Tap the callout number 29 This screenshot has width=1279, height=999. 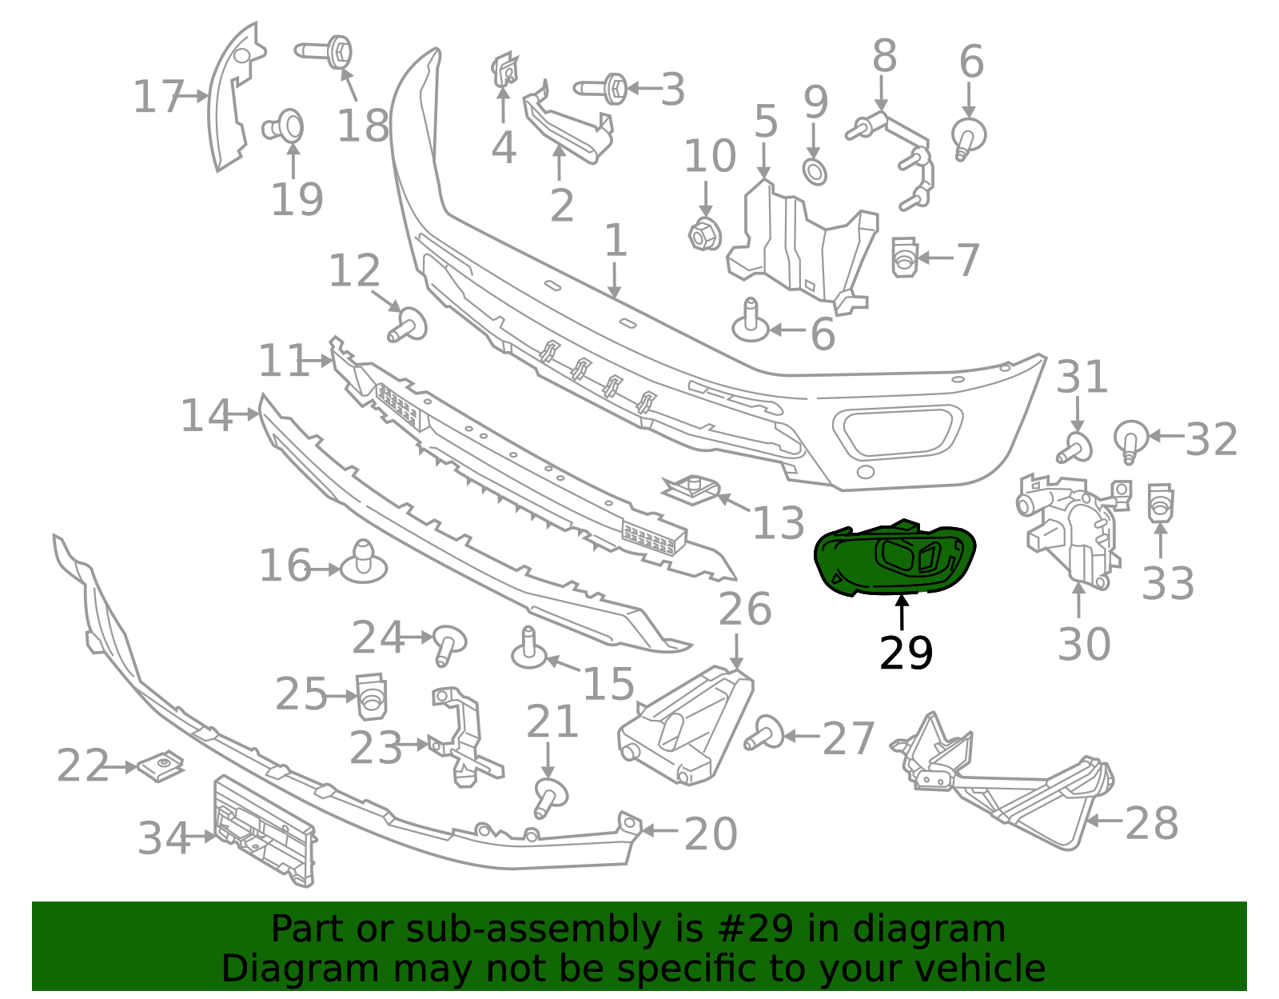pyautogui.click(x=905, y=653)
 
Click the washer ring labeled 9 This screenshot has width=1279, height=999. pyautogui.click(x=815, y=171)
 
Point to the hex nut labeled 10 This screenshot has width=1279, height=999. pyautogui.click(x=705, y=234)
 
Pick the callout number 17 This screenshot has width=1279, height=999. pyautogui.click(x=157, y=97)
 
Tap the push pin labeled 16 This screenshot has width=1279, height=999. pyautogui.click(x=364, y=563)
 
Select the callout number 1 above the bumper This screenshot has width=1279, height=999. pyautogui.click(x=614, y=240)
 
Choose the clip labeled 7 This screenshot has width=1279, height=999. pyautogui.click(x=903, y=258)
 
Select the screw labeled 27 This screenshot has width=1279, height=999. pyautogui.click(x=763, y=732)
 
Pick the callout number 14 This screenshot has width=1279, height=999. pyautogui.click(x=205, y=415)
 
